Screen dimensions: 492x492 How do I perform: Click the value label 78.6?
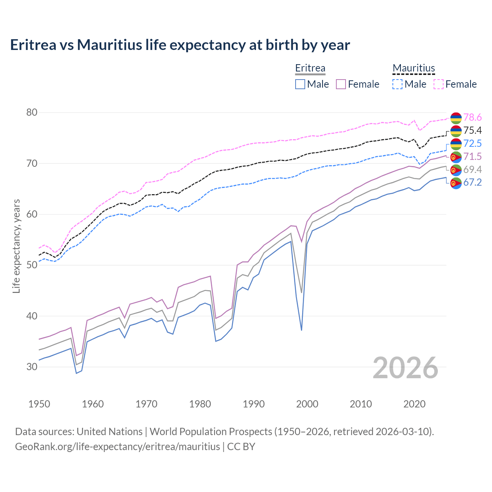click(x=472, y=117)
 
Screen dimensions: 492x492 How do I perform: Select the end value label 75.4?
click(x=472, y=130)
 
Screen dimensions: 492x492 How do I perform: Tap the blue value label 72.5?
click(x=472, y=143)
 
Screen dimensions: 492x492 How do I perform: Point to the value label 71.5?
click(x=472, y=156)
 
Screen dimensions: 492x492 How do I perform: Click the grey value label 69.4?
click(x=472, y=170)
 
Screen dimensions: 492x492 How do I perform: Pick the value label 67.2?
click(x=472, y=182)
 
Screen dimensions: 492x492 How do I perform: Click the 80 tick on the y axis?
click(x=32, y=113)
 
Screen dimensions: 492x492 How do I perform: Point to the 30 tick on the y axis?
click(x=32, y=367)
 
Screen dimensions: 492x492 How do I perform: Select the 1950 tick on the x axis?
click(x=39, y=404)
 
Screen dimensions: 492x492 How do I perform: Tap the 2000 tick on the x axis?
click(x=307, y=404)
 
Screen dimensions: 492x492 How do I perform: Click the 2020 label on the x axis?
click(x=414, y=404)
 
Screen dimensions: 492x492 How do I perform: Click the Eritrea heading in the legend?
click(x=310, y=68)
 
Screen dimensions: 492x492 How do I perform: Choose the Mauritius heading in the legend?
click(x=414, y=68)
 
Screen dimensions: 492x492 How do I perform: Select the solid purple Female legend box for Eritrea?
click(x=341, y=84)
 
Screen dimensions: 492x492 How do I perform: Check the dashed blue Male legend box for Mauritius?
click(x=397, y=84)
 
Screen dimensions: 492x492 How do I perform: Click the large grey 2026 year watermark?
click(x=406, y=368)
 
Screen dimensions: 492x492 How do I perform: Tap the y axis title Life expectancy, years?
click(x=17, y=246)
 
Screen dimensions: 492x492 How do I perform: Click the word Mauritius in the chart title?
click(x=109, y=45)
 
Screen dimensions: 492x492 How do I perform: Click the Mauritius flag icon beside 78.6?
click(x=456, y=118)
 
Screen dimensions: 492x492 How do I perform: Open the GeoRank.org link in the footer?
click(x=117, y=447)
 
